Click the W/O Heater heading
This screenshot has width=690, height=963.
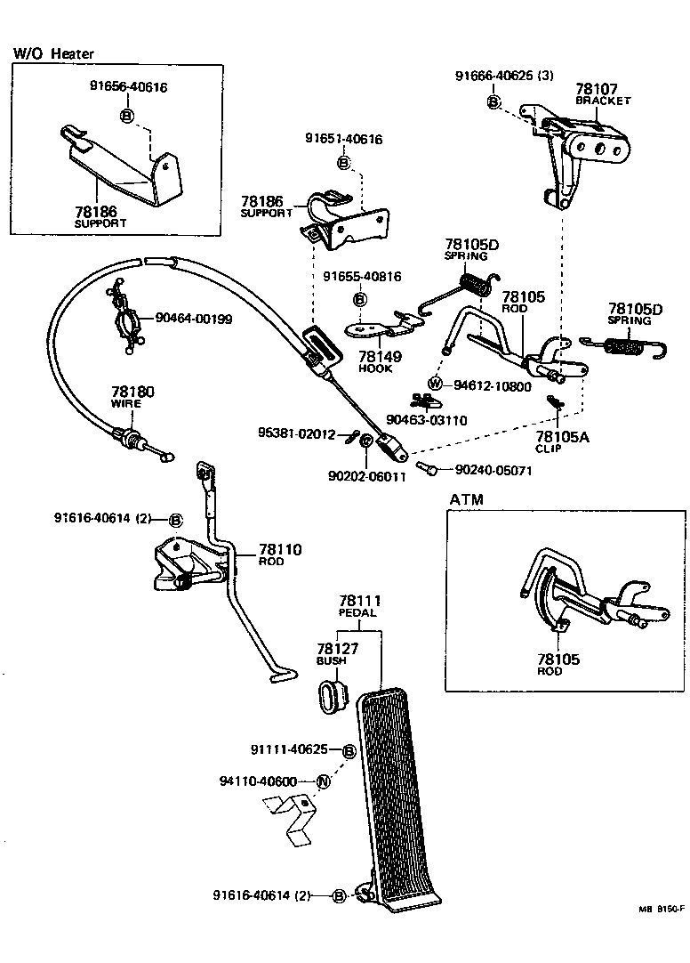pyautogui.click(x=53, y=54)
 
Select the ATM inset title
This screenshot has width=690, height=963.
pyautogui.click(x=466, y=500)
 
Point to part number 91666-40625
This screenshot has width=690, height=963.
pyautogui.click(x=504, y=77)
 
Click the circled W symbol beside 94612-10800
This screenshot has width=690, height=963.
pyautogui.click(x=435, y=384)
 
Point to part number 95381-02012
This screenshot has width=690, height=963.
pyautogui.click(x=296, y=434)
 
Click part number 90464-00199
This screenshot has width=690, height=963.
pyautogui.click(x=194, y=319)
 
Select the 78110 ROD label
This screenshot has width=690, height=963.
pyautogui.click(x=280, y=554)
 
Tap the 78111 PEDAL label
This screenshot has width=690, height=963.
pyautogui.click(x=358, y=607)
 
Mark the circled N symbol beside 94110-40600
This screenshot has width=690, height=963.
pyautogui.click(x=324, y=781)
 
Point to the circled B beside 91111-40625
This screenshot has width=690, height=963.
pyautogui.click(x=349, y=751)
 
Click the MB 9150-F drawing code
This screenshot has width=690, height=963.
pyautogui.click(x=660, y=910)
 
